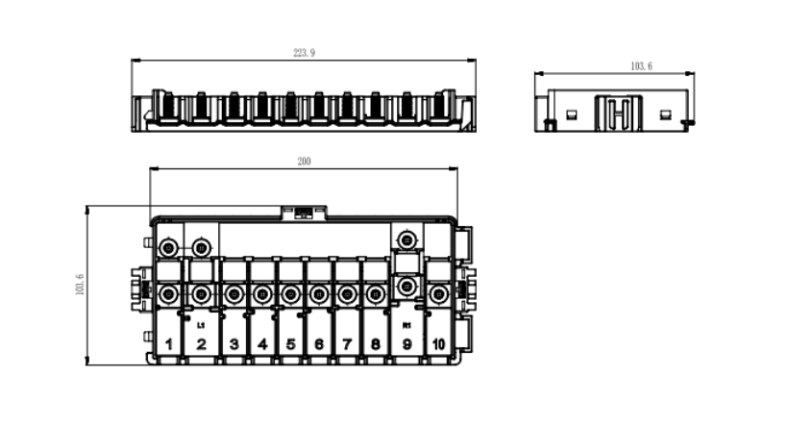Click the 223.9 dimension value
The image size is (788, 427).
point(304,53)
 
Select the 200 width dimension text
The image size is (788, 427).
point(304,162)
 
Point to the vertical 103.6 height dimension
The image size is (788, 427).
point(80,285)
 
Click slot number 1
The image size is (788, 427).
point(168,343)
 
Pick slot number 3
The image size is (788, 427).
point(234,343)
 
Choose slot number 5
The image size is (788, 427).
point(289,343)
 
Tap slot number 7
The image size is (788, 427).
point(345,343)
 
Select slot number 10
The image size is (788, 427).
point(438,343)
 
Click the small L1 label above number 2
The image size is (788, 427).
point(201,327)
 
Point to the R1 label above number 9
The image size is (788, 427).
point(406,327)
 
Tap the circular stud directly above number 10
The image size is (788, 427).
point(438,293)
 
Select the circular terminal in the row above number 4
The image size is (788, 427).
point(261,293)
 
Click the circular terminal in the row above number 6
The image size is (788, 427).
point(317,293)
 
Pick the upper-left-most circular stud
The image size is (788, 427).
point(168,248)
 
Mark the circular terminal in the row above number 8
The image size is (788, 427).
point(373,293)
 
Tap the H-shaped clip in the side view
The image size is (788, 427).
point(620,113)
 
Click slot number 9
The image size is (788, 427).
point(406,343)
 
